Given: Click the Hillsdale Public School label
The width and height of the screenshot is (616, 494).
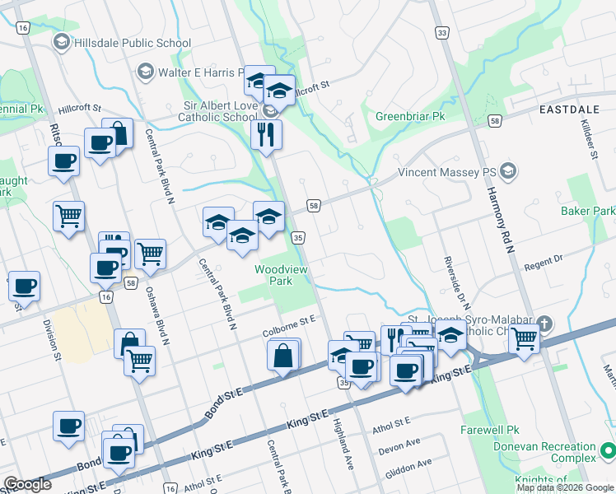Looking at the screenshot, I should tap(132, 43).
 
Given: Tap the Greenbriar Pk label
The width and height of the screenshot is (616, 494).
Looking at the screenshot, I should tap(410, 116).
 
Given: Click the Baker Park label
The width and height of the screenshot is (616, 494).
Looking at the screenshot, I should tap(588, 212).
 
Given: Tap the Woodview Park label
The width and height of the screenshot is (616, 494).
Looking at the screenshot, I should tap(273, 275).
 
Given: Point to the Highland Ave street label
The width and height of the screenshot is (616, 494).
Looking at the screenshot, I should tap(343, 445).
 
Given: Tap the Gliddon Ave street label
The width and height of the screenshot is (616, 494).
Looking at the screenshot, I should tap(408, 465).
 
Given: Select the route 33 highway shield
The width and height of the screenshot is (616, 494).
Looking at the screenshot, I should tap(443, 33).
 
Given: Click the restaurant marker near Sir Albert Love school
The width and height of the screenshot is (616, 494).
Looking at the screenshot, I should tap(266, 134).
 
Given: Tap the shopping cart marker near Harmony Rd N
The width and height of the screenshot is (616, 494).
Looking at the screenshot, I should tap(525, 337).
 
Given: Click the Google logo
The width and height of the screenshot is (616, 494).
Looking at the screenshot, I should tap(27, 484).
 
